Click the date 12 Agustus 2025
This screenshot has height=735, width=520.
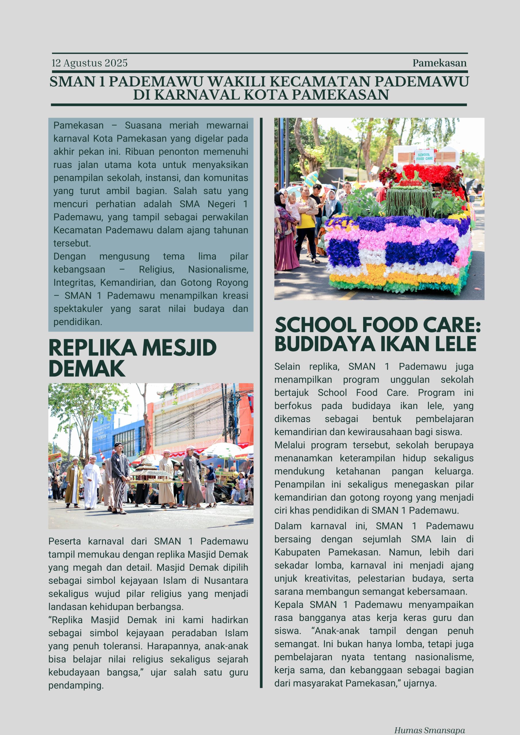[x=89, y=63]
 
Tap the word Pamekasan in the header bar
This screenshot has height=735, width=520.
[x=439, y=63]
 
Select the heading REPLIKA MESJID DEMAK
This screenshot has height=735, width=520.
[x=132, y=357]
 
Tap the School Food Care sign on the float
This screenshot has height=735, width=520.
[x=425, y=156]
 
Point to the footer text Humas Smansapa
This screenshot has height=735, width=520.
[x=429, y=730]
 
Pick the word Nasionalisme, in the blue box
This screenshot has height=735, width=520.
[x=218, y=270]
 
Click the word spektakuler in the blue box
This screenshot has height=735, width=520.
[x=78, y=309]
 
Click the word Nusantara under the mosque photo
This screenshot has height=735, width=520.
[x=226, y=581]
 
